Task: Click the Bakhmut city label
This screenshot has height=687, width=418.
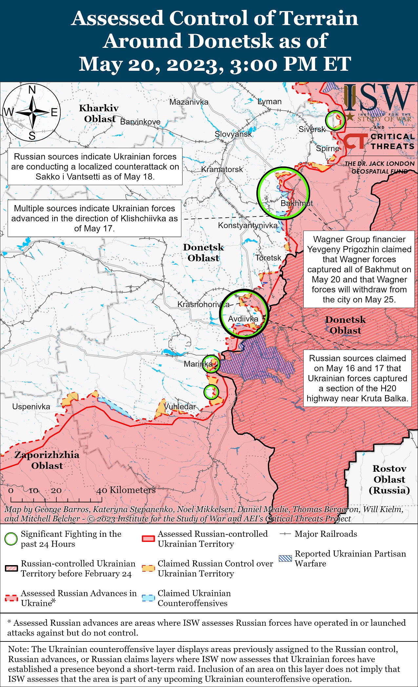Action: (297, 203)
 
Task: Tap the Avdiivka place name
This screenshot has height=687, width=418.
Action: (243, 319)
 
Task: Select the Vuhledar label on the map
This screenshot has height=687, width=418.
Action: (180, 407)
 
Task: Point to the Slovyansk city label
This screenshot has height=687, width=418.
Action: (233, 134)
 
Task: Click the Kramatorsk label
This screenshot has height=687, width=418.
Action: (222, 169)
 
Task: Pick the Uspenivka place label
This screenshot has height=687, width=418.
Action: (31, 407)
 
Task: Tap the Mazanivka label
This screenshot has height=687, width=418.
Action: (189, 102)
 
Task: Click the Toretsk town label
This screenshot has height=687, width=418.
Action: (268, 258)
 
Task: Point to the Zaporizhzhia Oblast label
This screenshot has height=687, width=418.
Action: (47, 460)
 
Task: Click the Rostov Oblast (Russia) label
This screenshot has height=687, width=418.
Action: (389, 479)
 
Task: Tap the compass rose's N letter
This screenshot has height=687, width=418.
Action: (32, 90)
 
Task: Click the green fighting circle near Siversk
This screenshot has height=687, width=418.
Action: (335, 120)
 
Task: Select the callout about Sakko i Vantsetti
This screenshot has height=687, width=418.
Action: (95, 166)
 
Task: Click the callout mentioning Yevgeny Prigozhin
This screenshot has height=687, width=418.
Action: (359, 269)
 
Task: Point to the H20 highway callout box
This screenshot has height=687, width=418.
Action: (357, 378)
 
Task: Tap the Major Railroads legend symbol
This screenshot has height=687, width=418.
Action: (285, 534)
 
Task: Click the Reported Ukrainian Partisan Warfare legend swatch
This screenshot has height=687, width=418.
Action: (285, 559)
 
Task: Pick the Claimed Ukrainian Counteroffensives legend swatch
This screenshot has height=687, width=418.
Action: (148, 598)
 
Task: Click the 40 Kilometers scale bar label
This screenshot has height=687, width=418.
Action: (126, 490)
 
